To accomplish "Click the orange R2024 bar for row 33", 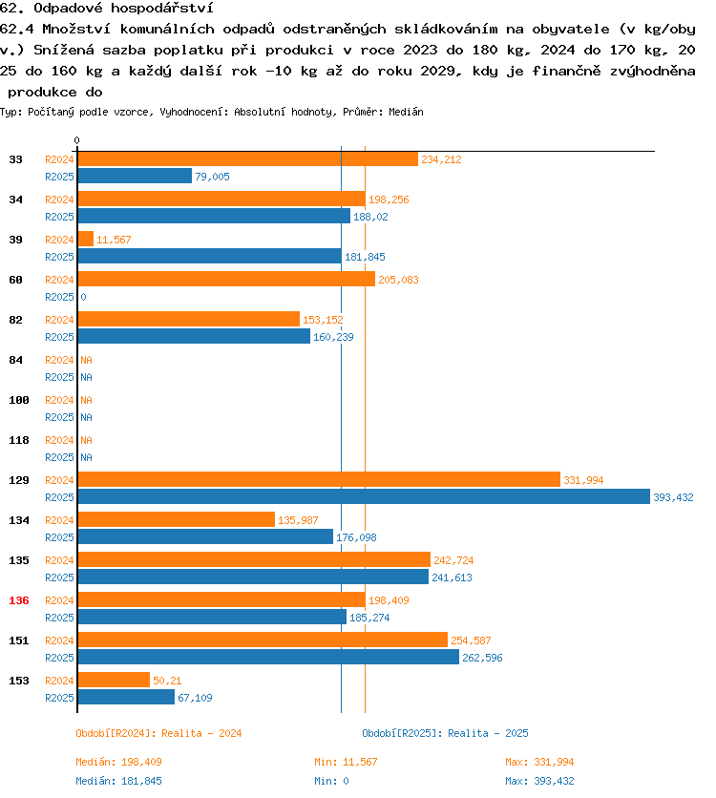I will point(247,159).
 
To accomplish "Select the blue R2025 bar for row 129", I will point(363,496).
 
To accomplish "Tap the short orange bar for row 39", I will point(85,240).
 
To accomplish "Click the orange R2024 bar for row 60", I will point(226,280).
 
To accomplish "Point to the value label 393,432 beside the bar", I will point(673,497).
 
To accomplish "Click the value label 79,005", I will point(212,177).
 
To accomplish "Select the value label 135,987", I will point(298,520).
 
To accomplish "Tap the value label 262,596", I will point(482,658).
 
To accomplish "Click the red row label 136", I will point(18,600).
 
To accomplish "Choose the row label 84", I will point(15,360).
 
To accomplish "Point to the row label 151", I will point(18,640).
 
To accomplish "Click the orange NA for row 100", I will point(86,400).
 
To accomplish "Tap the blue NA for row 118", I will point(86,457).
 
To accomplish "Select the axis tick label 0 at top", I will point(77,141).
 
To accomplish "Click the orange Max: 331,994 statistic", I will point(539,762).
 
